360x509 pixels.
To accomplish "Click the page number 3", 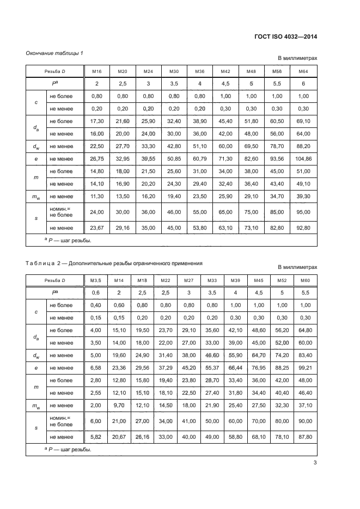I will tap(315, 463).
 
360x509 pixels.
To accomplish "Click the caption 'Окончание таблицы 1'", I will tap(54, 53).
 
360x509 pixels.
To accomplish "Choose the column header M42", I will tap(225, 71).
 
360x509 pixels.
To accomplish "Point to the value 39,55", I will tap(148, 158).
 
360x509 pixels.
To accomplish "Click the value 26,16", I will tap(141, 437).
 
